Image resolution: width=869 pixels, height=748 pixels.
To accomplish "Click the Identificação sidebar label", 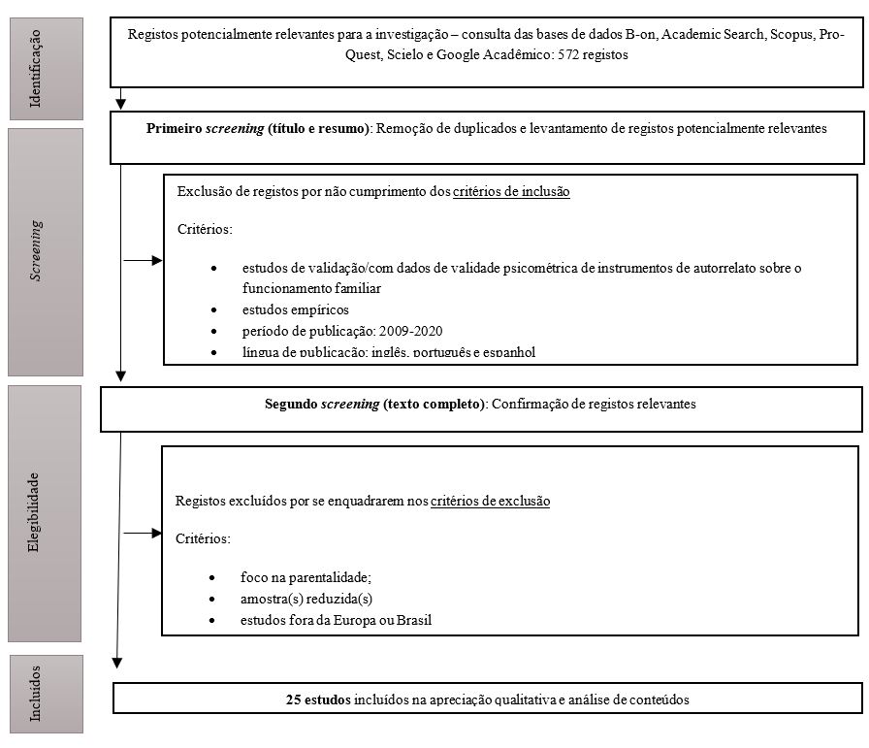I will (x=37, y=56).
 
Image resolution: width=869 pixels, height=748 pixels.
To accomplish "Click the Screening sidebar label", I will (x=37, y=249).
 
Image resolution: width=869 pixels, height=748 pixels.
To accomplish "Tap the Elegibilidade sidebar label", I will (x=35, y=513).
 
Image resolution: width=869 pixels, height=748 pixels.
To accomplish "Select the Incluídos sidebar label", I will (x=37, y=693).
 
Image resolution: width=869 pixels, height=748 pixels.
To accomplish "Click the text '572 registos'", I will (x=593, y=55).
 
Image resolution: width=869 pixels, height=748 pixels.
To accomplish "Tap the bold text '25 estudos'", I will (x=318, y=699).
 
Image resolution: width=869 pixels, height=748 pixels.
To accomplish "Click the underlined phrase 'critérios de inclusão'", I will (x=511, y=192).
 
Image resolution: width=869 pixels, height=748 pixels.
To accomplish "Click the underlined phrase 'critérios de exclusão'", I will (x=490, y=502).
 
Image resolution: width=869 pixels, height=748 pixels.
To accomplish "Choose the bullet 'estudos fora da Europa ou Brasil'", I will (x=335, y=620).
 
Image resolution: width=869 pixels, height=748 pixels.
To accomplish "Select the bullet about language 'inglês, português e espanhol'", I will (x=387, y=352).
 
